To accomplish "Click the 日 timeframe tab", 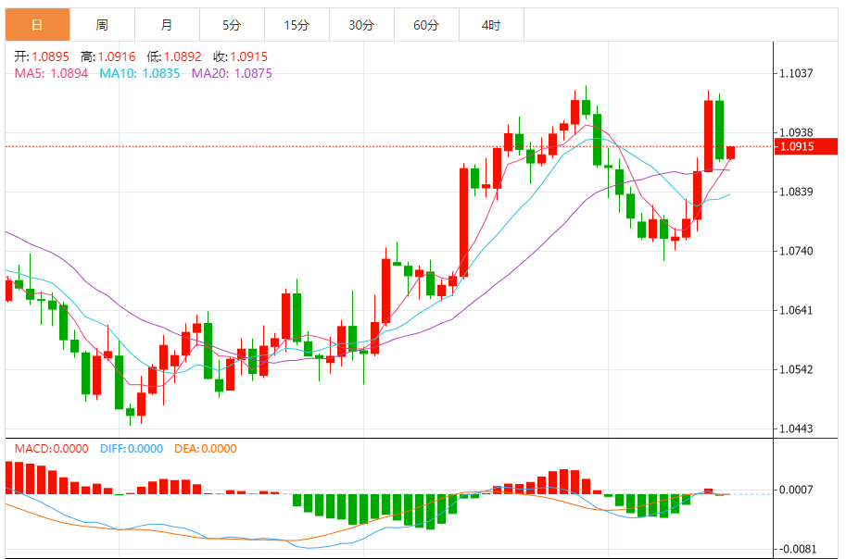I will point(37,25).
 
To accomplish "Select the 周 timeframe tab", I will point(102,25).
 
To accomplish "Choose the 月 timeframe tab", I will point(167,25).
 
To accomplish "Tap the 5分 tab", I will point(232,25).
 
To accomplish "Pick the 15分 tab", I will point(297,25).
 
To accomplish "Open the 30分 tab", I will point(361,25).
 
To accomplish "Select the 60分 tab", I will point(426,25).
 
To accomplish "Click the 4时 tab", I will point(491,25).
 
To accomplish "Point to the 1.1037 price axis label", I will point(797,73).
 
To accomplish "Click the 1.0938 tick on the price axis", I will point(797,132).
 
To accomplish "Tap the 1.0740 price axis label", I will point(797,251).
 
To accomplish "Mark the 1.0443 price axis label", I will point(797,429).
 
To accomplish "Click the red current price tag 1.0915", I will point(806,146).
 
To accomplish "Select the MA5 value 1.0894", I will point(69,73).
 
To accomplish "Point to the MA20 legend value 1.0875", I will point(253,73).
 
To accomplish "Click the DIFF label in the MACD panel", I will point(112,449).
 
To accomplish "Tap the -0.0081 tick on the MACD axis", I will point(798,548).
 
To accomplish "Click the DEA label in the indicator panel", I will point(186,449).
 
